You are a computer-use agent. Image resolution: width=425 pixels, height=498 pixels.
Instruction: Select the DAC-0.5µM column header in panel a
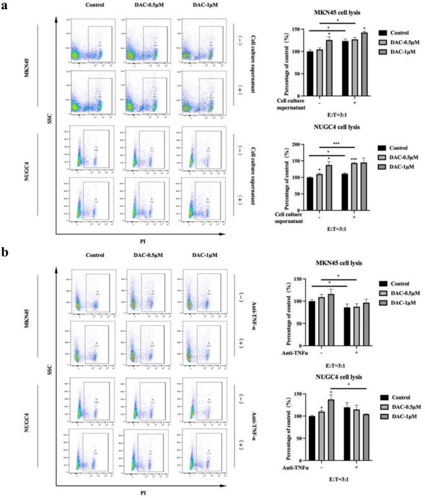(143, 9)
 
